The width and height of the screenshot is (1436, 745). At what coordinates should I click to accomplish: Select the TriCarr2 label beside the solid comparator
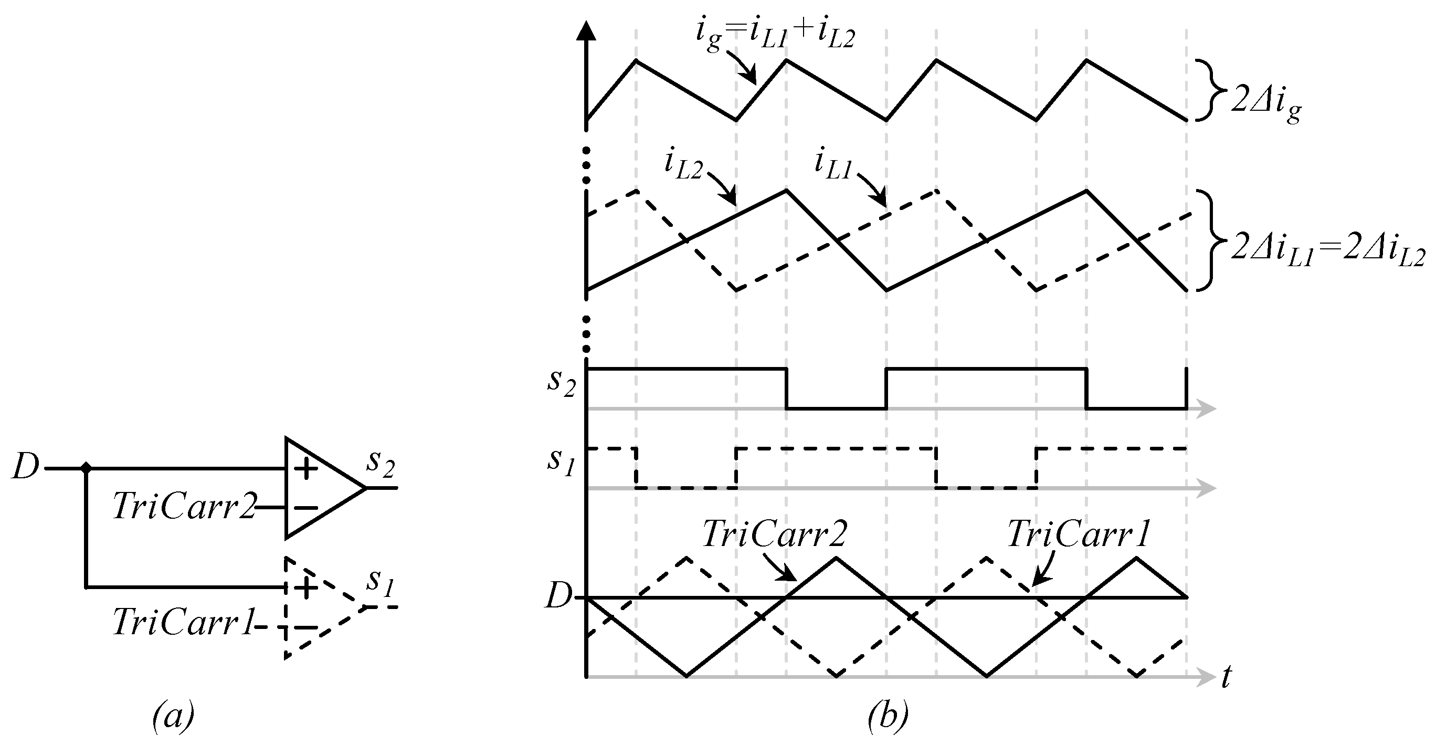coord(184,506)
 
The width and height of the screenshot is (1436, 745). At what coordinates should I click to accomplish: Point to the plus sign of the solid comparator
coord(305,469)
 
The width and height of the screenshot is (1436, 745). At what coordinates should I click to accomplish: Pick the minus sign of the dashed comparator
coord(305,627)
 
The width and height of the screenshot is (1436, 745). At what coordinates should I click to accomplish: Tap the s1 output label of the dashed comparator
coord(380,583)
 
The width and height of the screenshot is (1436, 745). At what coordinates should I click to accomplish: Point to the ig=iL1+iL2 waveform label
coord(775,35)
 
